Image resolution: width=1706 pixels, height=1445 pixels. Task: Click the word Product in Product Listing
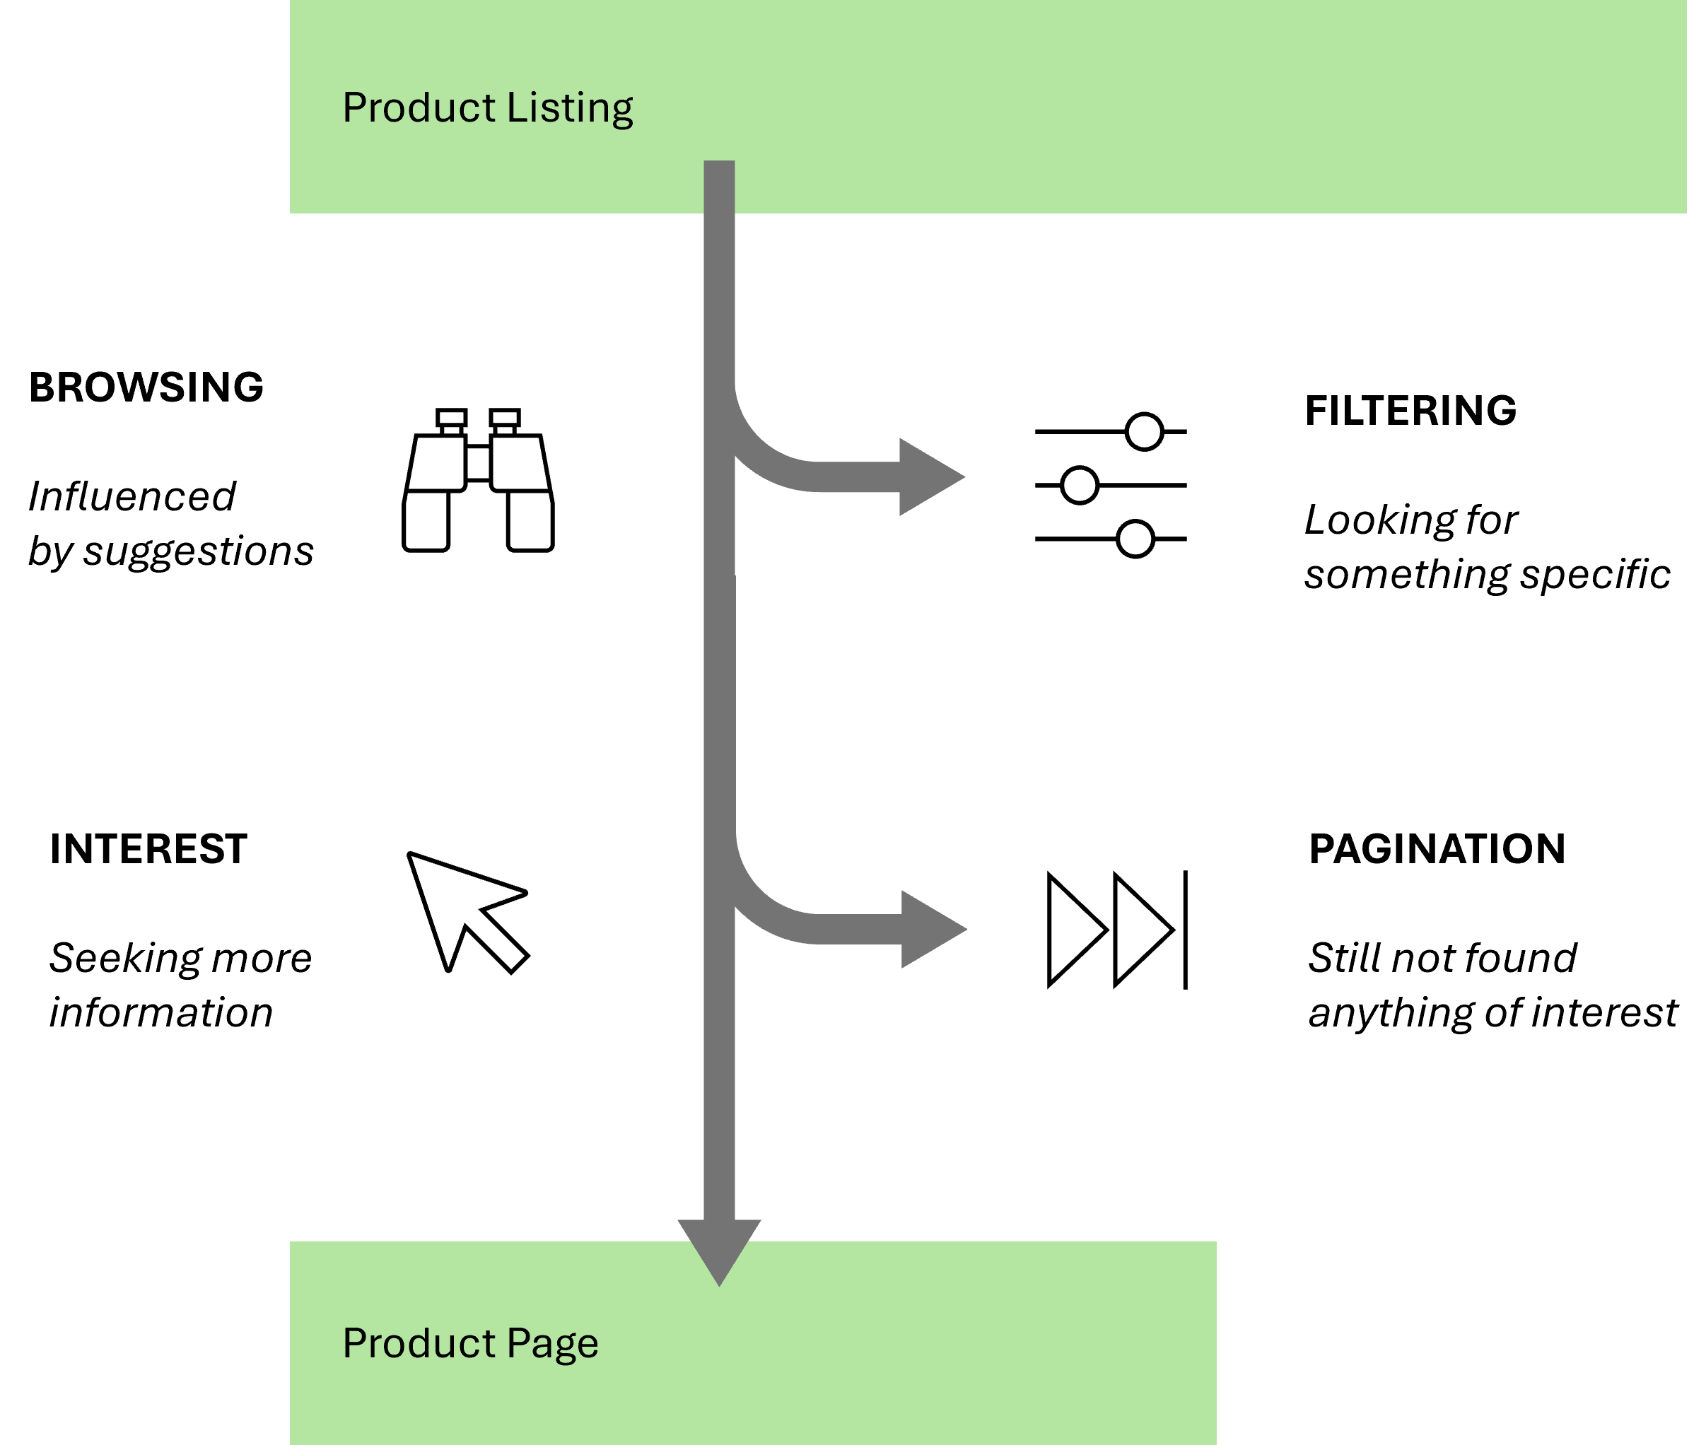point(418,107)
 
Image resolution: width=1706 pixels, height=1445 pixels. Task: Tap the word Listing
point(569,109)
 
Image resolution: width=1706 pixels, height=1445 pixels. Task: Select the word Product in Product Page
point(418,1343)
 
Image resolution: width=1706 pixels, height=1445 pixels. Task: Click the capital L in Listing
point(514,107)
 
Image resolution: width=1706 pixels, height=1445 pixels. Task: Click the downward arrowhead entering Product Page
point(719,1249)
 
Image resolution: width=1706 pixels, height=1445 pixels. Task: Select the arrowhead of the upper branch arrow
point(930,476)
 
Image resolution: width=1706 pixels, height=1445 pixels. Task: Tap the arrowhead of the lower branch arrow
point(932,930)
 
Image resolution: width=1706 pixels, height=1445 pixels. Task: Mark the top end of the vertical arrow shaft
point(719,164)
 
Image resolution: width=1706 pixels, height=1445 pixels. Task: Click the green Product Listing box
point(1147,107)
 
